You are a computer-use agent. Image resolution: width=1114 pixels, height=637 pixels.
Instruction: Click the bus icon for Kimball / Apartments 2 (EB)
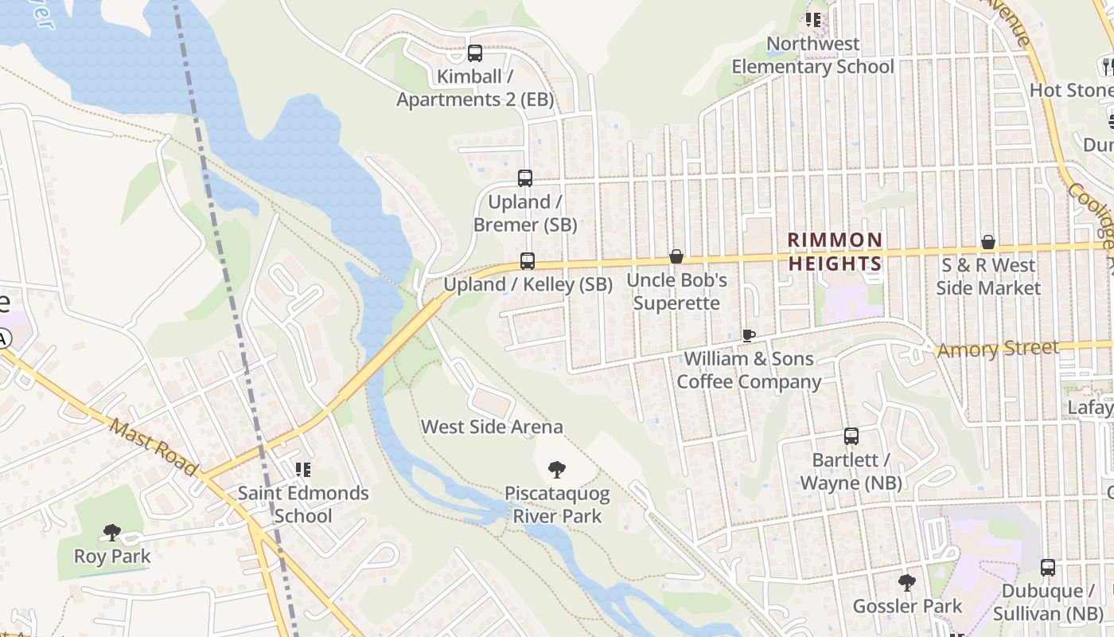[x=475, y=53]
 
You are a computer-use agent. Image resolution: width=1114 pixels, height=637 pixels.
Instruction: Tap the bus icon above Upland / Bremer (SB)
[x=525, y=178]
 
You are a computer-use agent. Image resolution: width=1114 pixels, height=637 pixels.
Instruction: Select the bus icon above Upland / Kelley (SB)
[x=528, y=260]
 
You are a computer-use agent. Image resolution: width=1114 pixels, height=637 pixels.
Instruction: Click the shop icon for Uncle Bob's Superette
[x=676, y=256]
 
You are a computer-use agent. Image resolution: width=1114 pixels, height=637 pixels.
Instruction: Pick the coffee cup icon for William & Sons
[x=748, y=335]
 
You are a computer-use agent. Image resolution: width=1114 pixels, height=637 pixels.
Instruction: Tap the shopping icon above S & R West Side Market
[x=988, y=242]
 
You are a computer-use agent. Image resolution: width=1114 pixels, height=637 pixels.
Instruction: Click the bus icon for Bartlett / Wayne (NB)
[x=851, y=436]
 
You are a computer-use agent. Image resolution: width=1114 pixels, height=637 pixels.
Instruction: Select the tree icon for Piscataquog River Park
[x=557, y=471]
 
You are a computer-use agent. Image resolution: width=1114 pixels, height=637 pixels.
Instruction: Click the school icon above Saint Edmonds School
[x=302, y=470]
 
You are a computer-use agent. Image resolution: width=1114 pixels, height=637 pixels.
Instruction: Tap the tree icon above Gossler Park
[x=907, y=583]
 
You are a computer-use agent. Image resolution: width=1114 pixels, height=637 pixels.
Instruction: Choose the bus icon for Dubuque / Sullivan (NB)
[x=1048, y=568]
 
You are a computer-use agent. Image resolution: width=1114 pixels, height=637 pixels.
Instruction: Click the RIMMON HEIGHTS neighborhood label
[x=835, y=252]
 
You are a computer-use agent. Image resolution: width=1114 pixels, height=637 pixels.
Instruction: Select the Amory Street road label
[x=998, y=349]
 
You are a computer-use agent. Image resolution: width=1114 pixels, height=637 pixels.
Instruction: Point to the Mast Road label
[x=154, y=448]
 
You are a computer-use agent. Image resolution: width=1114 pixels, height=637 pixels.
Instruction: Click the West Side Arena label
[x=492, y=427]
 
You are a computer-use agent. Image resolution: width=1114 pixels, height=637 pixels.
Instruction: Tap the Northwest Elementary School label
[x=813, y=55]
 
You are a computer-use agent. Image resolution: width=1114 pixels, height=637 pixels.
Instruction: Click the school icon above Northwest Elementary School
[x=812, y=19]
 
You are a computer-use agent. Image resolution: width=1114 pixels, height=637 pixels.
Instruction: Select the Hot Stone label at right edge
[x=1071, y=90]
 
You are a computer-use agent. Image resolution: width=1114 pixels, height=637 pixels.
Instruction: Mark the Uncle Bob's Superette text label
[x=676, y=291]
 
